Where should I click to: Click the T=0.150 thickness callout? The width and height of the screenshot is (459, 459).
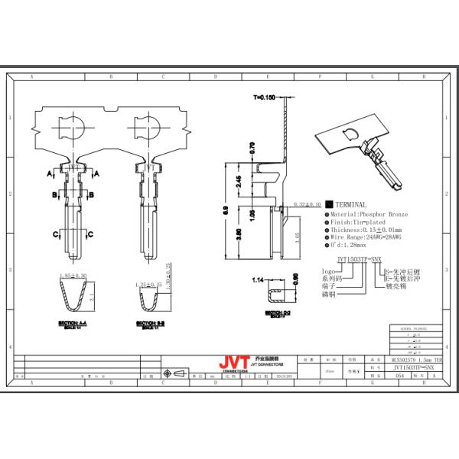pos(264,98)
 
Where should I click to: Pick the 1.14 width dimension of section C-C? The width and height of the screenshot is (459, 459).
pos(259,281)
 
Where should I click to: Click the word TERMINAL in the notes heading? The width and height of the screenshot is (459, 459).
pos(351,205)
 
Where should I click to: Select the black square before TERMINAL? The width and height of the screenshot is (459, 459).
pos(328,205)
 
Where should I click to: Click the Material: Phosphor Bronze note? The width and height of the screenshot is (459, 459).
pos(368,217)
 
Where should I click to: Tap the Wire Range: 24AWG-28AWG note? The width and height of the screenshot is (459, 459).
pos(367,238)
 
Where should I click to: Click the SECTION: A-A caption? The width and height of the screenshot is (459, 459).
pos(73,324)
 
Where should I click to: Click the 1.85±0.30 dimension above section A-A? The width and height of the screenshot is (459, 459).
pos(73,274)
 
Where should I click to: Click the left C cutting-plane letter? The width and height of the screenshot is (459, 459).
pos(56,233)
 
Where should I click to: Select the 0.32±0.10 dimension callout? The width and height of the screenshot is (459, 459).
pos(308,204)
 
